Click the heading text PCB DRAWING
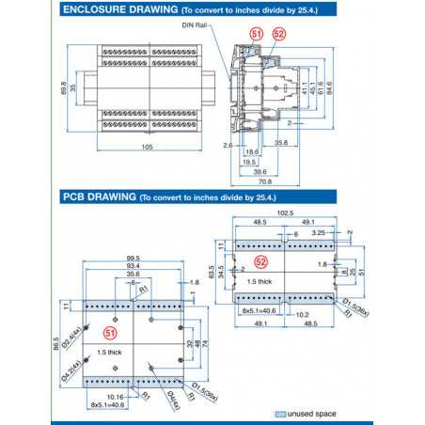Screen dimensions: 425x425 point(98,197)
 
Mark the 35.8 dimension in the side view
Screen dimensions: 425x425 point(280,143)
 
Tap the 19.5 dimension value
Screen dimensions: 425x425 point(250,160)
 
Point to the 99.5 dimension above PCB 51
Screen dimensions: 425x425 point(134,258)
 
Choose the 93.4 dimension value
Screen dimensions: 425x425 point(134,266)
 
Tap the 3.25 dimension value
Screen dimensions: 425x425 point(320,230)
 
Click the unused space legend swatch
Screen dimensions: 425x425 point(280,413)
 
